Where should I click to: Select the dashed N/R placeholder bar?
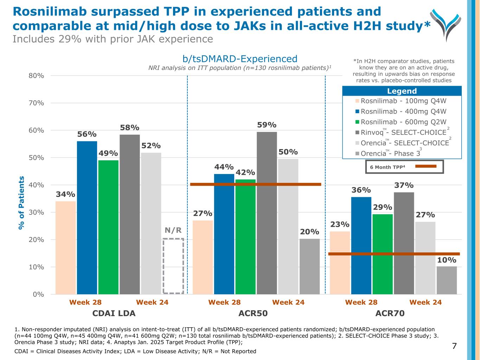coord(173,266)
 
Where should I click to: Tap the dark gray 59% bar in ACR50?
coord(267,213)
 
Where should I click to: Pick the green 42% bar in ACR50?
coord(245,236)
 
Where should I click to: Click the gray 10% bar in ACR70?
coord(447,280)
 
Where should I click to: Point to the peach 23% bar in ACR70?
coord(340,263)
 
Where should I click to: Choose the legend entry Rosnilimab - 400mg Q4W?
coord(401,111)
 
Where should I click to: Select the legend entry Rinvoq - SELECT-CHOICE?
coord(401,132)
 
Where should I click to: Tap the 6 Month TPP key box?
coord(404,167)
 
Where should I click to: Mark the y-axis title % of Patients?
coord(21,203)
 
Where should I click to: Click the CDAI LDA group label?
coord(114,313)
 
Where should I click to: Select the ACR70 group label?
coord(390,313)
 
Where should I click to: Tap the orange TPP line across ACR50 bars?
coord(255,184)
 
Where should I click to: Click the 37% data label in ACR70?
coord(404,185)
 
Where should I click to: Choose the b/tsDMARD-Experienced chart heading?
coord(240,59)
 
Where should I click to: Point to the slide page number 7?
coord(454,346)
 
